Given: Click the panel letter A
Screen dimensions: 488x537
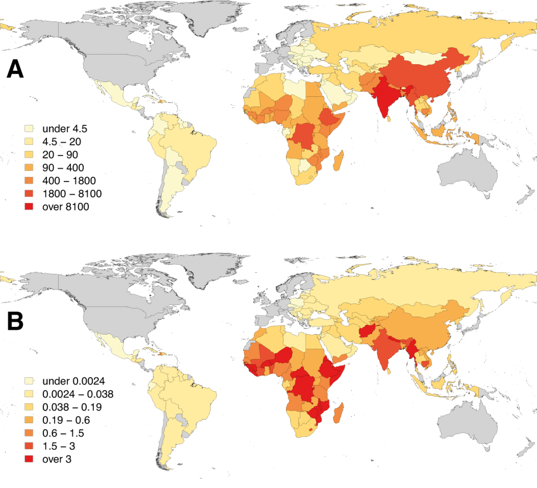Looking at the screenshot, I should (x=15, y=69).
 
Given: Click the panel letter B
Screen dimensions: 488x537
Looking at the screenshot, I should (x=15, y=321).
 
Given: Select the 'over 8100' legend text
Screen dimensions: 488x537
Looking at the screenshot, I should (x=65, y=207).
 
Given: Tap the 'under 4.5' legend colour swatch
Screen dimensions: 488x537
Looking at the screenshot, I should (x=29, y=129).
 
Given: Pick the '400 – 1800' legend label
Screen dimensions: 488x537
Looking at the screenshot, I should (x=69, y=181).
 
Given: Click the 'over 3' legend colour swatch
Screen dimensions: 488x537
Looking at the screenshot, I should (x=29, y=459).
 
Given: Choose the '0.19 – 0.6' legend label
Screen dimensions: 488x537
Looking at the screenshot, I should (x=66, y=420).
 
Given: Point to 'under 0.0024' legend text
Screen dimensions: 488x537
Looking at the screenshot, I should (x=74, y=381).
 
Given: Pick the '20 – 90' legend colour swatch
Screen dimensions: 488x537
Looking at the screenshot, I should (x=29, y=155).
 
